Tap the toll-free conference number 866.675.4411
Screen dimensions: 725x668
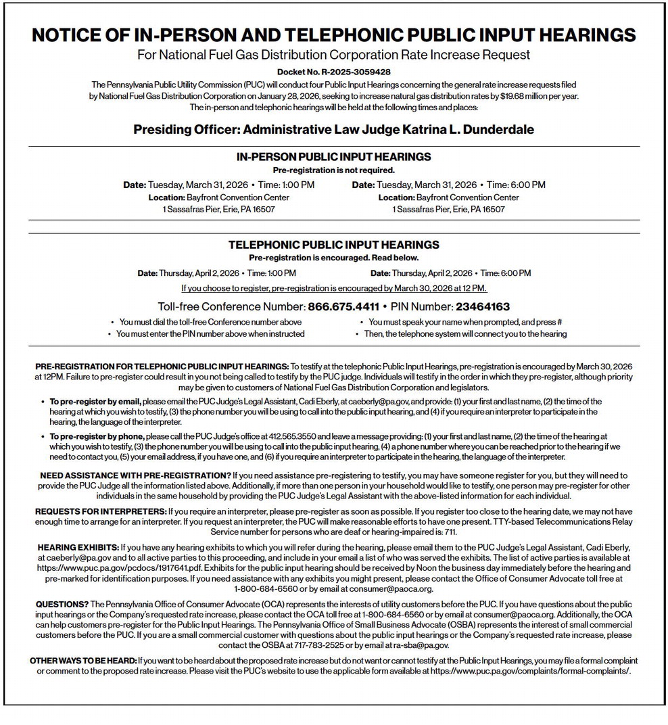pyautogui.click(x=343, y=306)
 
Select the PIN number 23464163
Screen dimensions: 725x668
pyautogui.click(x=482, y=306)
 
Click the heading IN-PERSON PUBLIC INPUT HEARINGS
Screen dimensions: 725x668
pyautogui.click(x=333, y=157)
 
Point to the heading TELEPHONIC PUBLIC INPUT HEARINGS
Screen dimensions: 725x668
pyautogui.click(x=333, y=245)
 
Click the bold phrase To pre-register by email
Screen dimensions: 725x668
pyautogui.click(x=95, y=402)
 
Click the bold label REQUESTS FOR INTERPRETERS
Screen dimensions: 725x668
pyautogui.click(x=101, y=511)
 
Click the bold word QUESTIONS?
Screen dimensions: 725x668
pyautogui.click(x=62, y=603)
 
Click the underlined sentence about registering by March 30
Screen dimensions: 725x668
pyautogui.click(x=334, y=288)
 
